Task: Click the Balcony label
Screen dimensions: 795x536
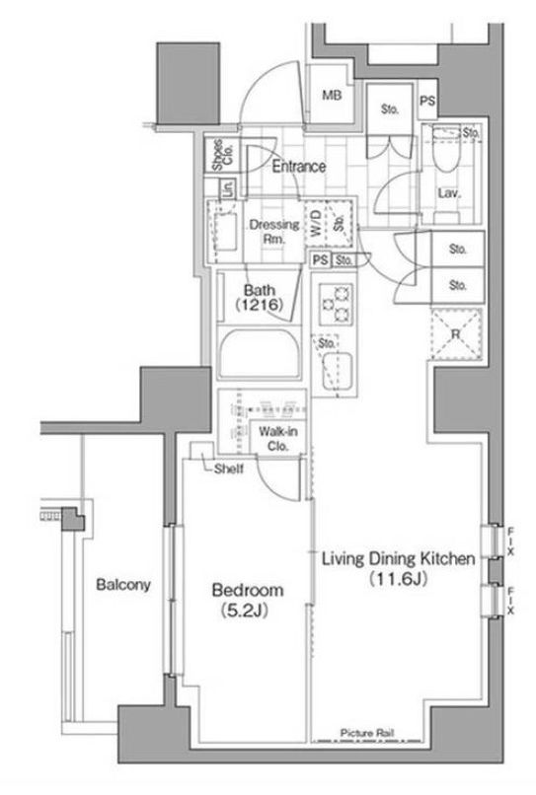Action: tap(122, 584)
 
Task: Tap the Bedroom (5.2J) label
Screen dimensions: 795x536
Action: tap(249, 600)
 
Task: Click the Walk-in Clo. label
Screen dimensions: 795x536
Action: tap(279, 437)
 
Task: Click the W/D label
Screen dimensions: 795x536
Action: tap(315, 224)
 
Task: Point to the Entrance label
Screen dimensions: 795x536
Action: tap(298, 167)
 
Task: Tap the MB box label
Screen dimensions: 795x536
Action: tap(332, 96)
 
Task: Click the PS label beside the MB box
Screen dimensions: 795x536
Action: tap(426, 102)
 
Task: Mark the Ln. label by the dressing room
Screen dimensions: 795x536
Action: tap(227, 188)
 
